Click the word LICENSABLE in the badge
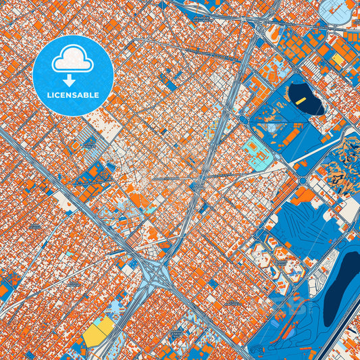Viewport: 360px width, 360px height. [72, 95]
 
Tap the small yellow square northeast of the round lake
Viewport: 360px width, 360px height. [336, 59]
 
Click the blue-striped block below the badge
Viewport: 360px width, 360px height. [87, 143]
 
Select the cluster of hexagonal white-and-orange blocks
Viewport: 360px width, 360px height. [267, 257]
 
